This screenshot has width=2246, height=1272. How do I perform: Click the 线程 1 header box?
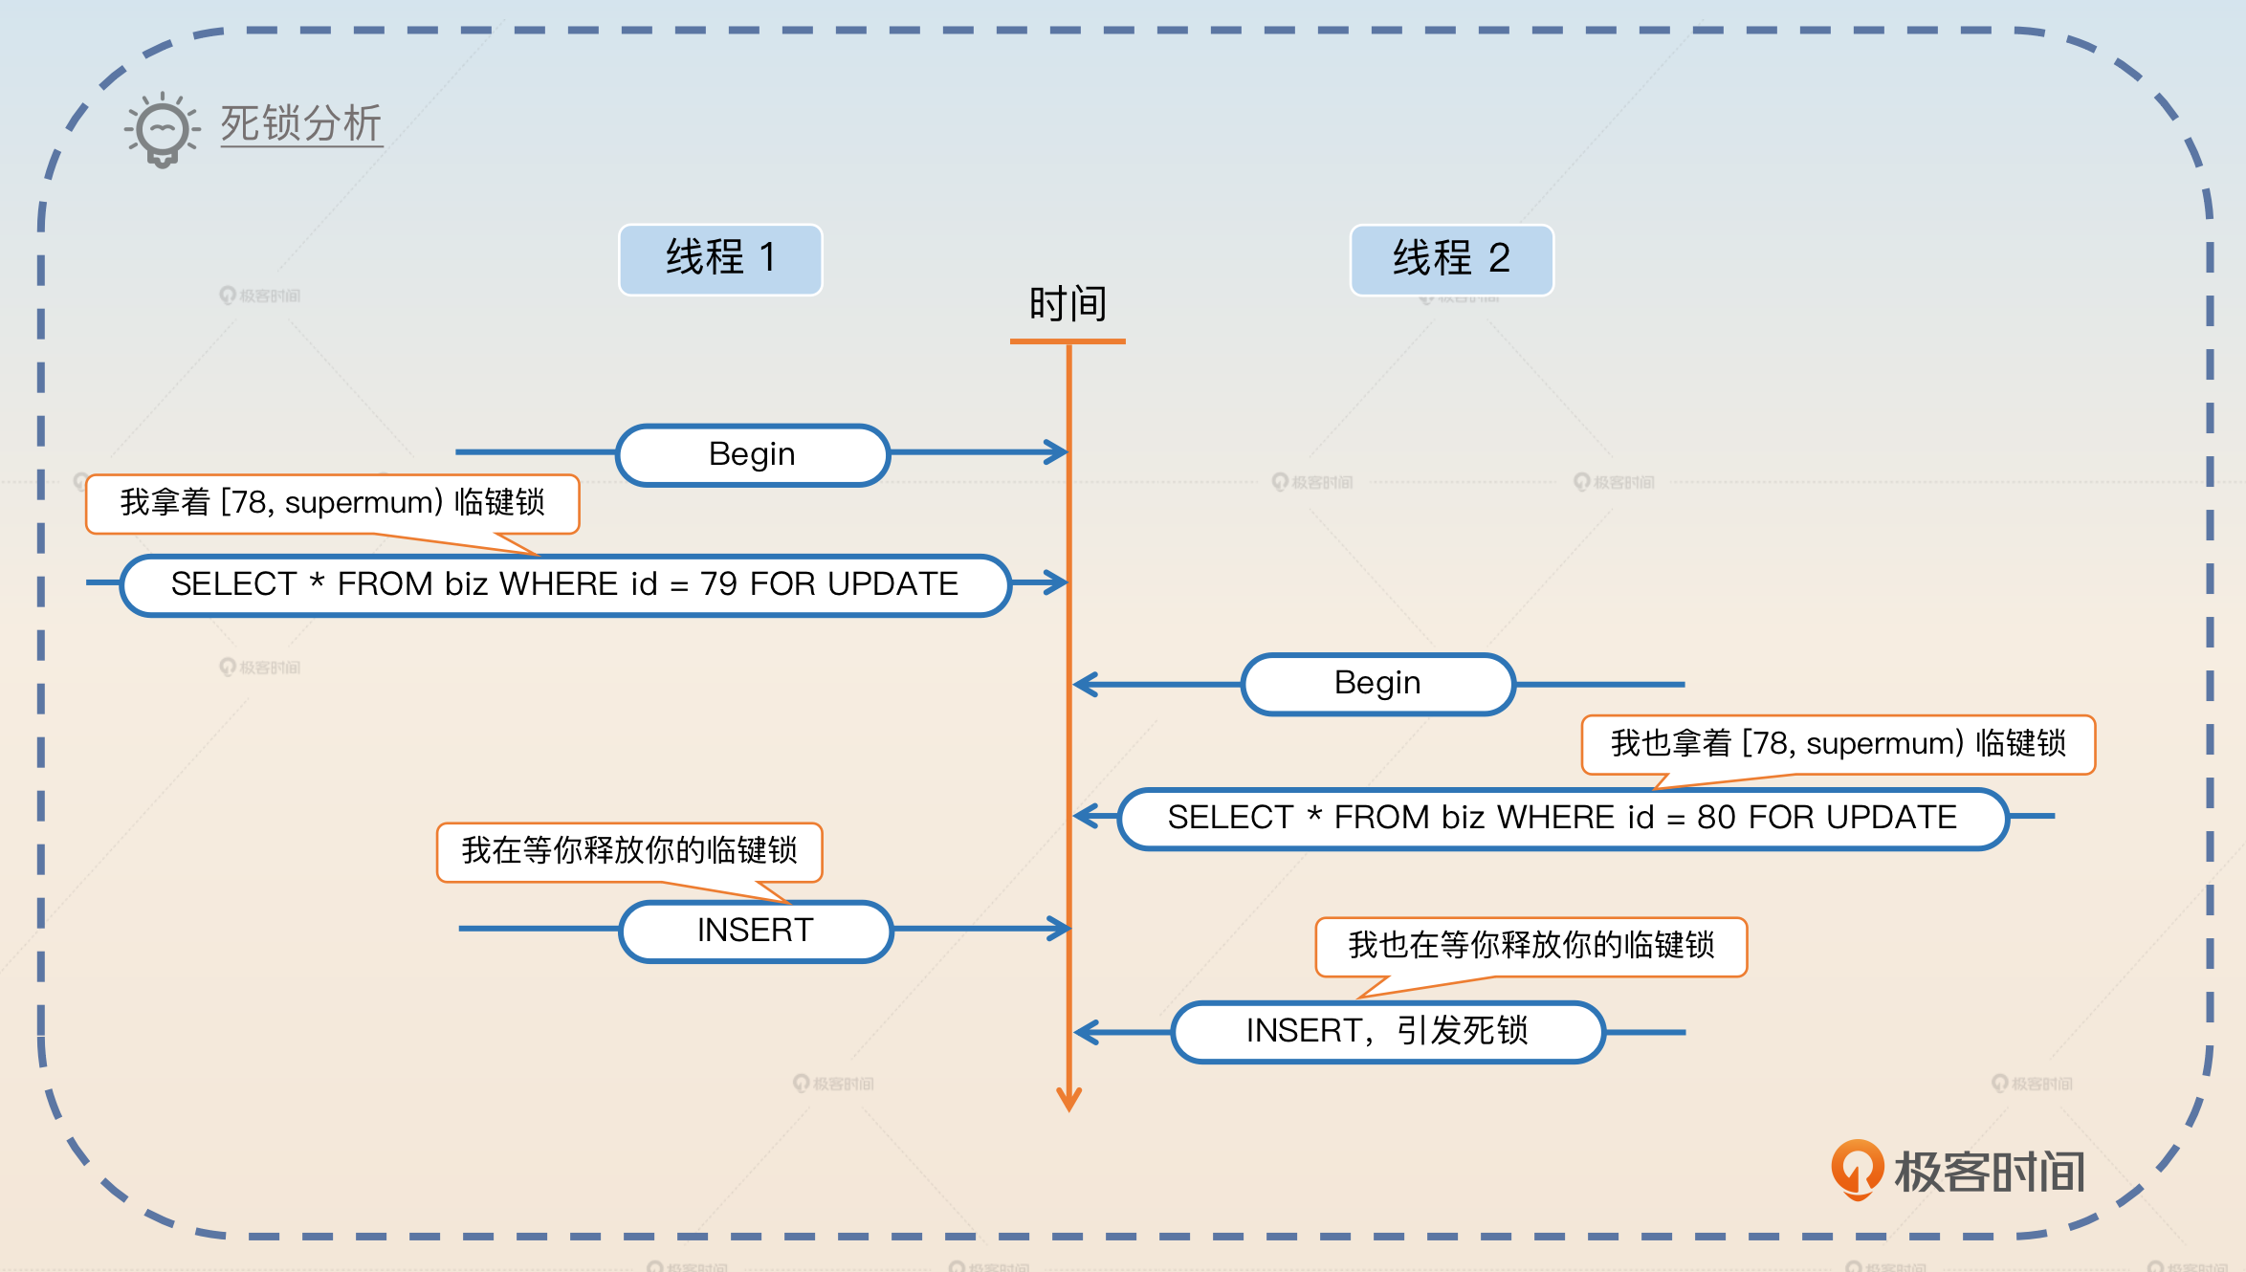pyautogui.click(x=719, y=259)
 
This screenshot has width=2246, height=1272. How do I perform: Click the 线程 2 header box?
pyautogui.click(x=1451, y=259)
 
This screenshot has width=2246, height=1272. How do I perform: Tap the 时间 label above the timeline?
pyautogui.click(x=1068, y=304)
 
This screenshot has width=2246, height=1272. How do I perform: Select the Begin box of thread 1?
pyautogui.click(x=753, y=454)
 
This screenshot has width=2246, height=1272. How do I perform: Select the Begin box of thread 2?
pyautogui.click(x=1377, y=683)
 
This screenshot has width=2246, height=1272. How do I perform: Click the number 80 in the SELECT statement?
pyautogui.click(x=1716, y=818)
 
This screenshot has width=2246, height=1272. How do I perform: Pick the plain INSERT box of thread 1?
pyautogui.click(x=755, y=930)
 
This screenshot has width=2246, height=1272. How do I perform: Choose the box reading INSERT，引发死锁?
pyautogui.click(x=1387, y=1031)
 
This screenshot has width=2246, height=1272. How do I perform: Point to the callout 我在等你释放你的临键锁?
pyautogui.click(x=628, y=850)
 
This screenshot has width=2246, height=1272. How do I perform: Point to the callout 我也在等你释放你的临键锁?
pyautogui.click(x=1530, y=945)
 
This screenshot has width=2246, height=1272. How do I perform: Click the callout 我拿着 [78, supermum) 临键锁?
pyautogui.click(x=332, y=502)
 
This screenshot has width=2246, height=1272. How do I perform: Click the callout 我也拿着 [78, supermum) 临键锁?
pyautogui.click(x=1838, y=743)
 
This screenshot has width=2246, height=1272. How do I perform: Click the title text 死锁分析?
pyautogui.click(x=301, y=124)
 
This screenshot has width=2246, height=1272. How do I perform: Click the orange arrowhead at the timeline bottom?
pyautogui.click(x=1068, y=1100)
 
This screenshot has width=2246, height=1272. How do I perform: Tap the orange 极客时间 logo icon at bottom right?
pyautogui.click(x=1857, y=1169)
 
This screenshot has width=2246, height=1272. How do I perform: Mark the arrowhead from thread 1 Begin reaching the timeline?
pyautogui.click(x=1057, y=451)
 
